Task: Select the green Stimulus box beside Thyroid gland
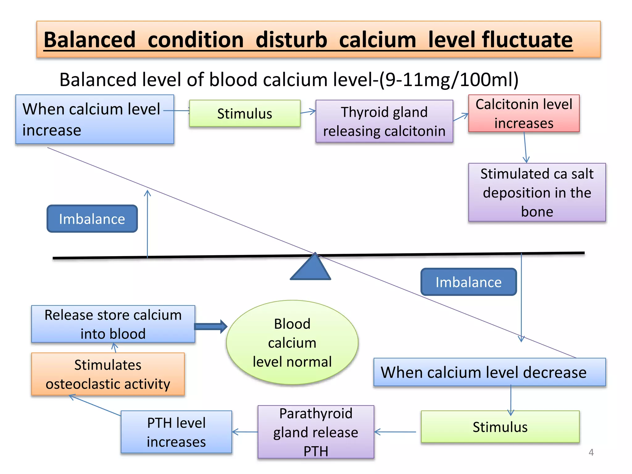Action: pos(244,114)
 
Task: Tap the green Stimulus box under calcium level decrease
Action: pos(500,427)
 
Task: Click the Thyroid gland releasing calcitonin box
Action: pos(384,121)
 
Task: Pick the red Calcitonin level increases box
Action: pos(524,114)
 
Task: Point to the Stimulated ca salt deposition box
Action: pos(537,192)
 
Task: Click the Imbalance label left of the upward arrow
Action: pos(92,219)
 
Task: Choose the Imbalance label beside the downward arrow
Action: pos(468,282)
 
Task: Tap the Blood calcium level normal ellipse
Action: pos(292,343)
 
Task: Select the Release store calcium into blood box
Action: pos(113,324)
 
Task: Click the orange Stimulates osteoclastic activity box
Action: pos(108,374)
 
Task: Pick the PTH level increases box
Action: pos(176,432)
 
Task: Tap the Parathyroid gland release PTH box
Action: pos(316,432)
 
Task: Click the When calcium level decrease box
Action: pos(489,372)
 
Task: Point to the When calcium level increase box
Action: pos(94,119)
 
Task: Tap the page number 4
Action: pos(591,452)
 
